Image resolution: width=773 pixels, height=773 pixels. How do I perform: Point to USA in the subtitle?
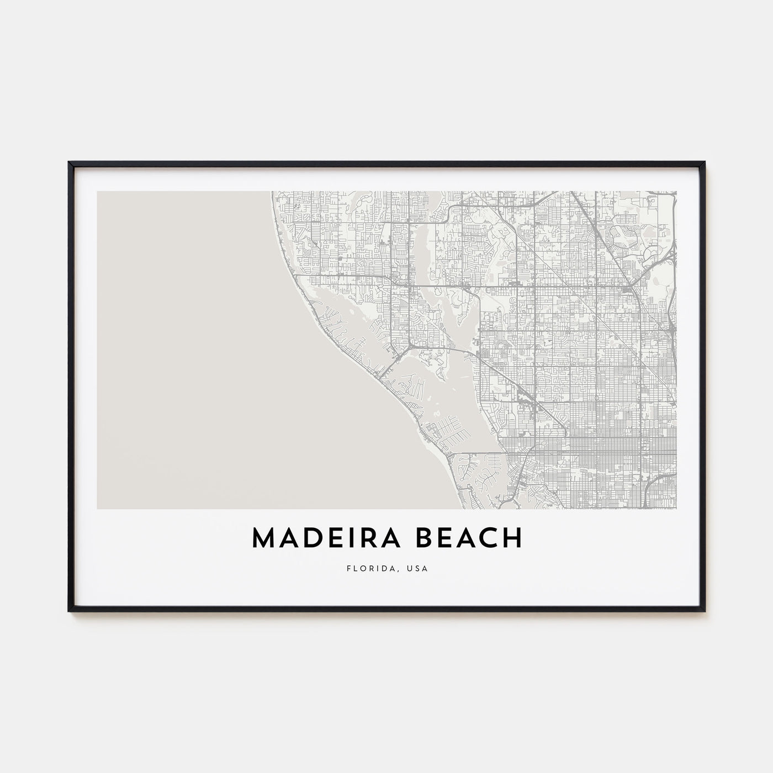417,567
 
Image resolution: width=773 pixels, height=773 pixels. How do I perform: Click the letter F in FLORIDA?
348,567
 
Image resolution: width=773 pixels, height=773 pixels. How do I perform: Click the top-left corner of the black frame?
69,162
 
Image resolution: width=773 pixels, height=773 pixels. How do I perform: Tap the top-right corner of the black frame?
705,162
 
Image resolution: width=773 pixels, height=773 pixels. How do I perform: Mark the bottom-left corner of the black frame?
69,611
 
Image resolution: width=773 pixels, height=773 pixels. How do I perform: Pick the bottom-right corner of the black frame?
705,611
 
